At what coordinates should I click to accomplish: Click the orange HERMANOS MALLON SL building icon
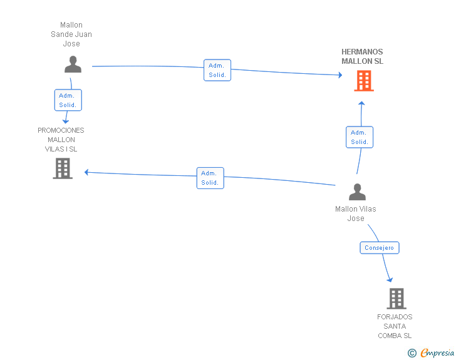364,81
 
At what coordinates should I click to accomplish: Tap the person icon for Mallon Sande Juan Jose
73,64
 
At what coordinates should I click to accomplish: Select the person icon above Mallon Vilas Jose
357,192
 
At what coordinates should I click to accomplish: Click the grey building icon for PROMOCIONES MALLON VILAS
63,168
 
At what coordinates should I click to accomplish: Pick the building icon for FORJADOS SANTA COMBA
396,299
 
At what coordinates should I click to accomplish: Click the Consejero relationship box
380,248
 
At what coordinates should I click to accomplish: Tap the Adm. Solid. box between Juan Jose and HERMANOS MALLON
217,70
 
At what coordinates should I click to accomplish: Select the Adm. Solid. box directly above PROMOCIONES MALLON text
68,100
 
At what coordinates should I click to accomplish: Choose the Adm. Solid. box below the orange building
360,137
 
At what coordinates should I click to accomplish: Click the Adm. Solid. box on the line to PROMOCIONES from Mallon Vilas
210,178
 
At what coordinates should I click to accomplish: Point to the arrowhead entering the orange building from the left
340,75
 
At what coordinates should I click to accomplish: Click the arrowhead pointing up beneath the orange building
361,103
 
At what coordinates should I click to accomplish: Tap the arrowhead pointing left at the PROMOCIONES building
86,172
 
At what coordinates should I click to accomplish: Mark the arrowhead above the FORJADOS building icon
390,280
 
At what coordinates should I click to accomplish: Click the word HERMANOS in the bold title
362,52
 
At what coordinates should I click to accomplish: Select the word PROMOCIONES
61,130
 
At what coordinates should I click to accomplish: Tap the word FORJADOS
395,317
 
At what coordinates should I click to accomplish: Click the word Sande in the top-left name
61,34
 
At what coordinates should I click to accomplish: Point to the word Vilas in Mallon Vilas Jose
368,208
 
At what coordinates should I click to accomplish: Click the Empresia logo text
437,352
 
